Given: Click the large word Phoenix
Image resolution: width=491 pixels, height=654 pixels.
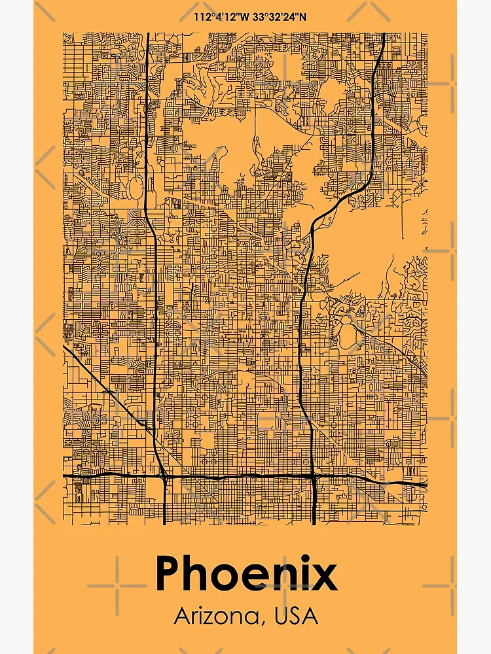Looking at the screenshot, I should click(x=245, y=574).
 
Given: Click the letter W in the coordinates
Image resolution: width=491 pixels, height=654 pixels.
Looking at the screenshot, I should click(x=244, y=16).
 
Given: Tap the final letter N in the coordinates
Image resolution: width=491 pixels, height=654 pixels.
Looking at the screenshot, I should click(x=302, y=16).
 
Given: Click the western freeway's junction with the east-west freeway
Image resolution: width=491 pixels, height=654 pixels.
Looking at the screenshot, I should click(x=164, y=477).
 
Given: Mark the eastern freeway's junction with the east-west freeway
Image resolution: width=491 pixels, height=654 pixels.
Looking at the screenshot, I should click(x=313, y=477).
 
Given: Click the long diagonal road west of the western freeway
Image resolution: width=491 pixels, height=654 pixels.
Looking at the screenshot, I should click(x=105, y=386).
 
